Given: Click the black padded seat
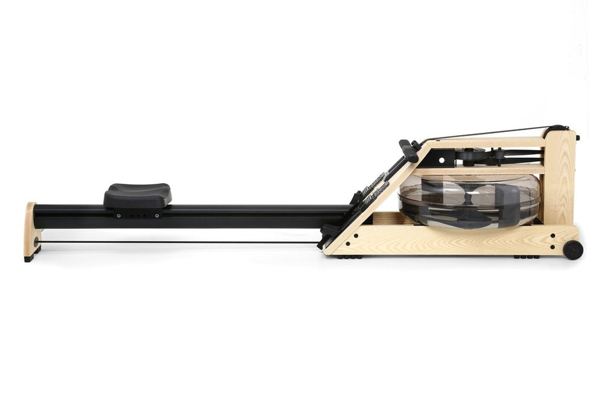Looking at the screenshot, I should pos(137,194).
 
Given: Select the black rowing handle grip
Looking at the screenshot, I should pos(408,151).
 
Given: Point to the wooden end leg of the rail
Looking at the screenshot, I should pos(30,229).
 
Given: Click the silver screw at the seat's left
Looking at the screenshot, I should pos(119,215).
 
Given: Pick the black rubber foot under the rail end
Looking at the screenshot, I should pos(29,258).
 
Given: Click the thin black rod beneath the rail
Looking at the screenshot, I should pos(181,243).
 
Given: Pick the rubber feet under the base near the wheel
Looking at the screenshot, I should pos(526,257).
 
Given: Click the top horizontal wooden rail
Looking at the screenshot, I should pos(488,142).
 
